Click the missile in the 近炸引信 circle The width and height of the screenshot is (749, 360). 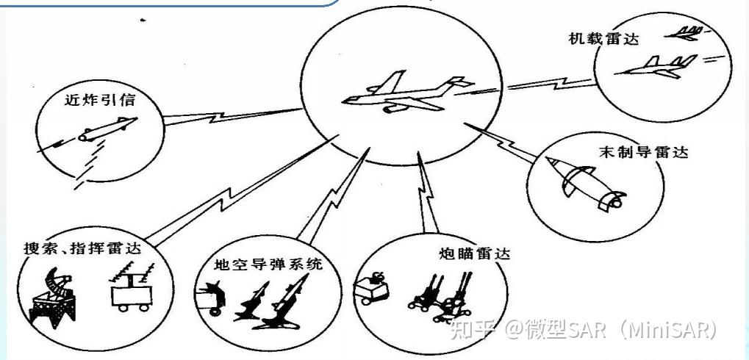[x=103, y=131]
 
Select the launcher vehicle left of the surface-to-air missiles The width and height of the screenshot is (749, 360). [x=209, y=299]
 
